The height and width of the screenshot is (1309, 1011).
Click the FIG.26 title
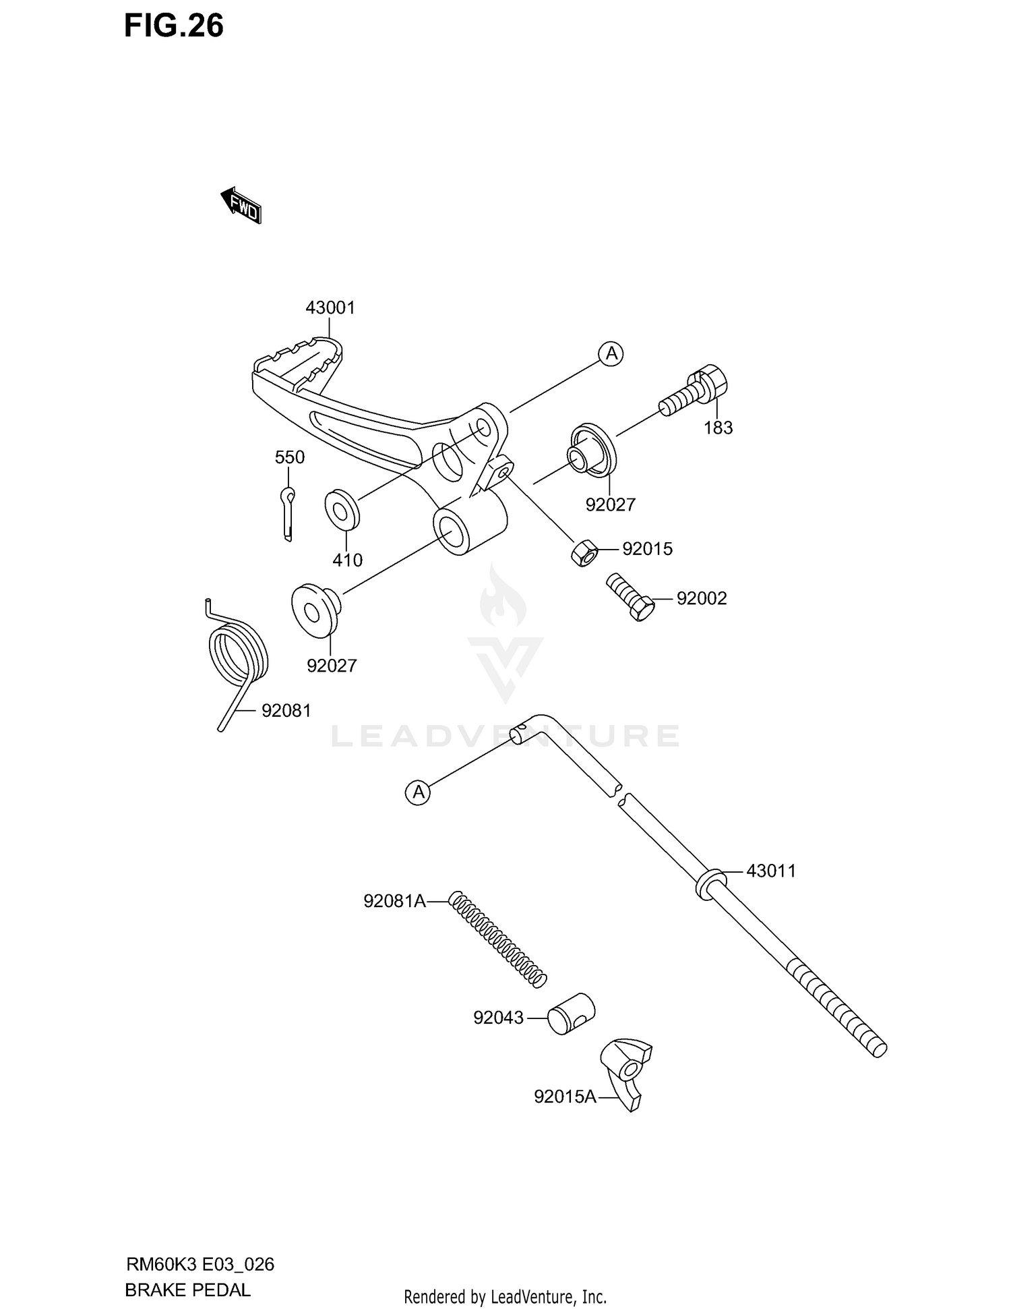(x=174, y=26)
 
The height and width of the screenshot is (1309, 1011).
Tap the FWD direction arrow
(x=241, y=205)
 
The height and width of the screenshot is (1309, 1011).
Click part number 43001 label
(x=330, y=308)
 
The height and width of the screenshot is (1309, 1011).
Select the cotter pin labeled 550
(x=287, y=513)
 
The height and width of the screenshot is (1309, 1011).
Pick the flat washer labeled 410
(x=342, y=510)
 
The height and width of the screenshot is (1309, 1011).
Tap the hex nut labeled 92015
(x=584, y=553)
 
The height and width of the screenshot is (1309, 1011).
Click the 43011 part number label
(x=771, y=871)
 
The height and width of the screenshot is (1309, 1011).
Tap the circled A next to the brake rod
(x=419, y=792)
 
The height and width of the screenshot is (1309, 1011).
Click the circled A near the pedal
(x=611, y=353)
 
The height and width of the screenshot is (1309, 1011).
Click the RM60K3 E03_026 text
(x=200, y=1264)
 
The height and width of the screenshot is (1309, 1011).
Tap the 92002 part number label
(x=702, y=599)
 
